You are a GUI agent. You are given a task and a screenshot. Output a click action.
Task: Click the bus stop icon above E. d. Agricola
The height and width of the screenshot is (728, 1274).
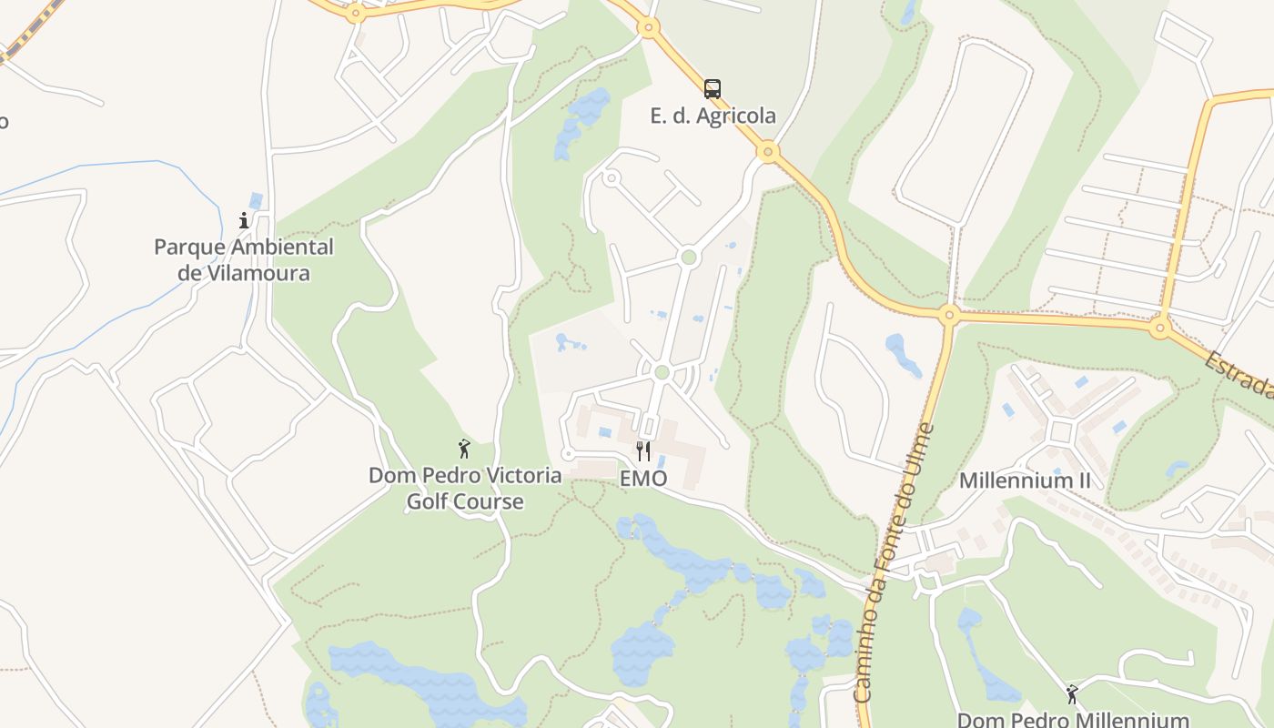[713, 89]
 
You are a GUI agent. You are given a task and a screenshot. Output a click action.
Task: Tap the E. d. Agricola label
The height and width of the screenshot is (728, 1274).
[713, 116]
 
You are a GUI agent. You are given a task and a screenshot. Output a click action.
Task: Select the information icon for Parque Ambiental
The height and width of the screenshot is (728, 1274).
[243, 220]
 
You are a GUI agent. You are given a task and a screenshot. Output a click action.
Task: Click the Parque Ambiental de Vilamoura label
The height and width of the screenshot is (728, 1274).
[243, 259]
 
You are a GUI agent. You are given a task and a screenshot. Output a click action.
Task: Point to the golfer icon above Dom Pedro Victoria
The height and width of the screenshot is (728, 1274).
[464, 449]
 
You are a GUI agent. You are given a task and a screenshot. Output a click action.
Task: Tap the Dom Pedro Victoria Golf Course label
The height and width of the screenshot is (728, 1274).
[464, 488]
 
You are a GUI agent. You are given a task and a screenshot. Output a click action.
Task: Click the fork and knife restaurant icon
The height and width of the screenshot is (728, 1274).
[642, 450]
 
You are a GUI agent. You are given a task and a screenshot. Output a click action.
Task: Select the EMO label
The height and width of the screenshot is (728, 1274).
[643, 479]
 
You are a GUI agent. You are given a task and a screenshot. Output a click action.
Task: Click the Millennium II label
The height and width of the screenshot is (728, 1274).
[1024, 480]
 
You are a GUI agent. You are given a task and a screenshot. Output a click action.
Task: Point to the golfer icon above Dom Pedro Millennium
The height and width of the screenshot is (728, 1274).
[1072, 694]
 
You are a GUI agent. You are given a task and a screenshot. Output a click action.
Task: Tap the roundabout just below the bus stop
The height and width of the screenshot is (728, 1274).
[768, 151]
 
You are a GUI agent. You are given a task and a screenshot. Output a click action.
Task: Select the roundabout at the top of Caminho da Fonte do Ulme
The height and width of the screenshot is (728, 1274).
[949, 316]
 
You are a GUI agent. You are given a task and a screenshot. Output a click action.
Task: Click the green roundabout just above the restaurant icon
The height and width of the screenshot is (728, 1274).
[662, 372]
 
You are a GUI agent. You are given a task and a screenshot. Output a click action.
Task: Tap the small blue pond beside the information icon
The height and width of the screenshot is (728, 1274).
[256, 200]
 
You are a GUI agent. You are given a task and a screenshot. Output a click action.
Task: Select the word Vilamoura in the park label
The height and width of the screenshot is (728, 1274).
[256, 273]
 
